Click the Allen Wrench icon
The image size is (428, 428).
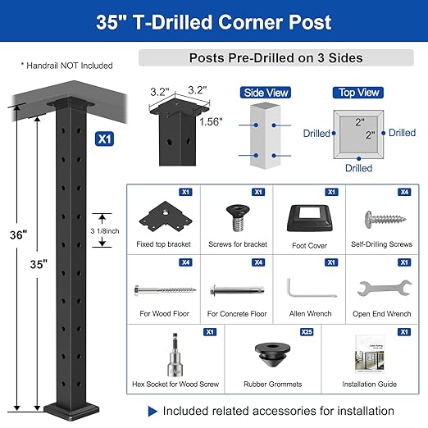pos(306,290)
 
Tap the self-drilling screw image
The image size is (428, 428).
pos(379,218)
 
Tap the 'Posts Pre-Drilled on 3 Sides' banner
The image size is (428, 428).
pos(275,58)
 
